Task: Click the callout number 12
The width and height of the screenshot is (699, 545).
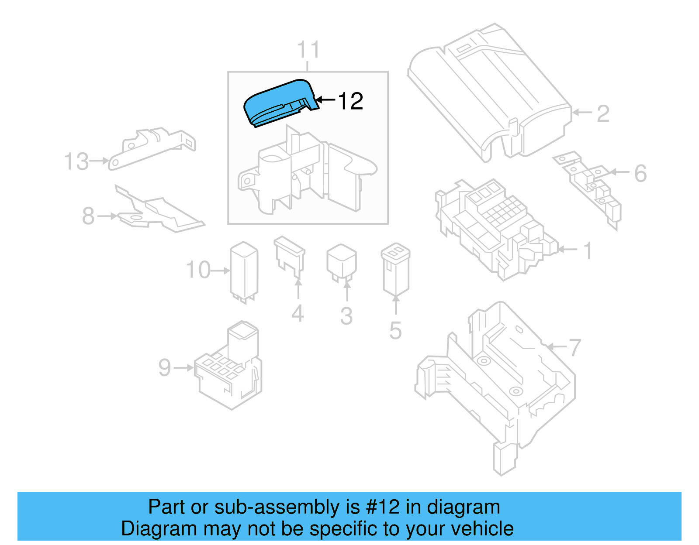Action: [350, 101]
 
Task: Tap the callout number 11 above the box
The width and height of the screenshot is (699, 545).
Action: [308, 50]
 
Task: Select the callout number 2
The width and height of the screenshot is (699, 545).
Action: [603, 114]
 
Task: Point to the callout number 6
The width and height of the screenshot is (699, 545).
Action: [640, 174]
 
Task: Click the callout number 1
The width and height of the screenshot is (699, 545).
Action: [588, 251]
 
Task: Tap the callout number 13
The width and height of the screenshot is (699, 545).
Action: [76, 162]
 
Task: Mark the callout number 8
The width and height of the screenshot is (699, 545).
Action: [88, 216]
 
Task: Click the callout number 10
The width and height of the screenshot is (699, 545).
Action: [198, 270]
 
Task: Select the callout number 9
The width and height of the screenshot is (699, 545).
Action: [165, 368]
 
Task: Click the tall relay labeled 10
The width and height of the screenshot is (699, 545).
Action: [244, 271]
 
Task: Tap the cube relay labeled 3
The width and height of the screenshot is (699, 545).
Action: [342, 262]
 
